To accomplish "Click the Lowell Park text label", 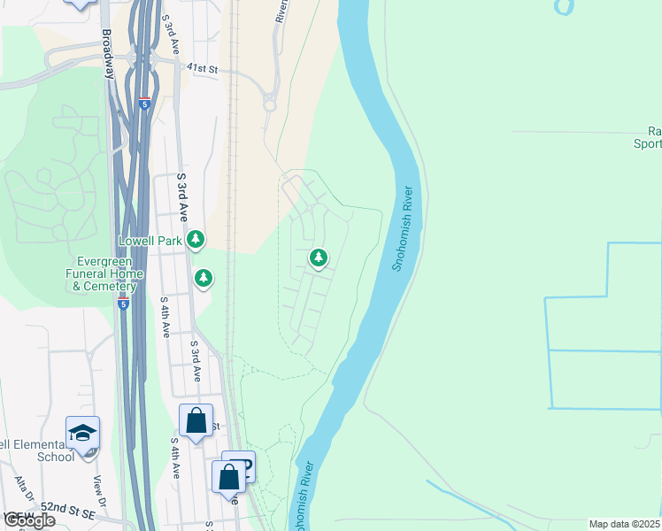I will tap(150, 241).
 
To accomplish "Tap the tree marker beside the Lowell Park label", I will tap(196, 239).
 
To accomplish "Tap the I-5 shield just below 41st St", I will tap(144, 103).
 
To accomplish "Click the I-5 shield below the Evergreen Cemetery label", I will tap(123, 304).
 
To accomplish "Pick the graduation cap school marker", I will tap(82, 434).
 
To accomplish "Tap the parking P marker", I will tap(240, 466).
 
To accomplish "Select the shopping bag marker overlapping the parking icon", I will tap(228, 478).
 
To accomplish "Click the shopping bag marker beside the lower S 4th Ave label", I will tap(196, 420).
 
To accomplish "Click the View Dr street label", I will tap(99, 493).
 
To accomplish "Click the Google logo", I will tap(28, 520).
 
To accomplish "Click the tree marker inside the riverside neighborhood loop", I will tap(318, 258).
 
